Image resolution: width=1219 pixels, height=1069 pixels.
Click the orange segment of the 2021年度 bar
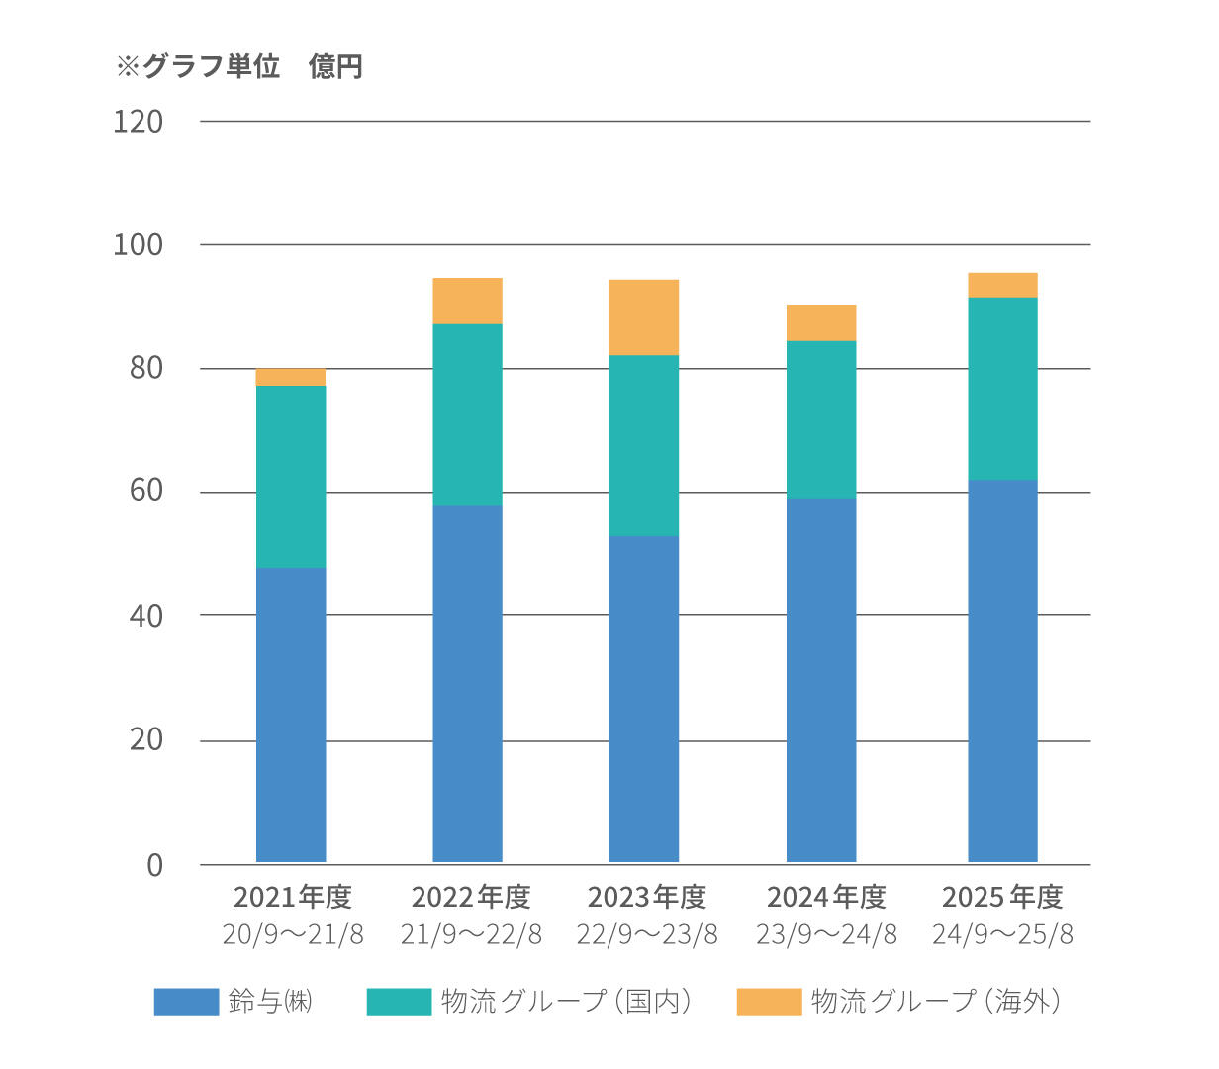[x=291, y=377]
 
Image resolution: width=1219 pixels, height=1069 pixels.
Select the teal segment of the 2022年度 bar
[x=467, y=414]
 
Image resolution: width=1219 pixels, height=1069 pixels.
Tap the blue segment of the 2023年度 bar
[x=644, y=699]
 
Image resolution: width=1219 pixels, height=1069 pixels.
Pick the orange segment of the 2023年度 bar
[x=644, y=318]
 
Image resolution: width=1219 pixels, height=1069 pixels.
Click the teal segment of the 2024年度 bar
[x=821, y=420]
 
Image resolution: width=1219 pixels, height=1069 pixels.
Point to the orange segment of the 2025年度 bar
[x=1002, y=285]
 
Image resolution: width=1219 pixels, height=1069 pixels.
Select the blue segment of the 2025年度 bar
[x=1002, y=671]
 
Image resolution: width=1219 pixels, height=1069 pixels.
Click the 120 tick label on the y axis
[x=138, y=122]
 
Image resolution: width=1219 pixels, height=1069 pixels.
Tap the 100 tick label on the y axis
[x=138, y=245]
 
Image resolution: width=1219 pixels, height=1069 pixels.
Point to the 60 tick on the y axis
[x=145, y=492]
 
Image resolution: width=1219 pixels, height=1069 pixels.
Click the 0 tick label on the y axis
[x=154, y=865]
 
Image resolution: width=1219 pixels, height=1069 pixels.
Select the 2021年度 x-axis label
[x=292, y=897]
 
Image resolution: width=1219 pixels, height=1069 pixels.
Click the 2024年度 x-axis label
[x=826, y=897]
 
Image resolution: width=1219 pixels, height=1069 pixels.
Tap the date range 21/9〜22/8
[x=471, y=934]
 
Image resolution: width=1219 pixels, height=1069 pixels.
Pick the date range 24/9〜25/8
[x=1002, y=934]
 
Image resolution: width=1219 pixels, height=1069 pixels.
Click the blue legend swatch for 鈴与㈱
[x=186, y=1001]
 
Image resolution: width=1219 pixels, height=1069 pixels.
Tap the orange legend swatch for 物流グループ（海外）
[x=769, y=1001]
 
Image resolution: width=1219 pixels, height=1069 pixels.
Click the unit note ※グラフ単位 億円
[x=240, y=66]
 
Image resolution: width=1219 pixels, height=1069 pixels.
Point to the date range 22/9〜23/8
[x=648, y=934]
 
